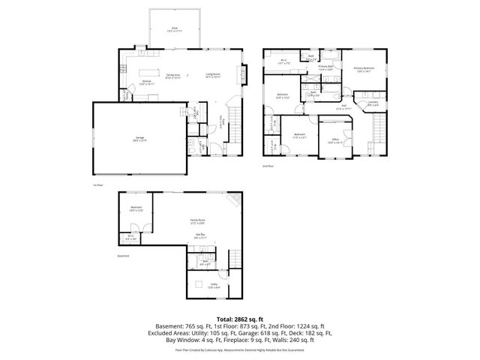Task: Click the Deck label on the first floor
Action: point(174,29)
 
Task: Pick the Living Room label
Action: point(212,75)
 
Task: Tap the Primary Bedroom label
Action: point(364,70)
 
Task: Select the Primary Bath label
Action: point(325,67)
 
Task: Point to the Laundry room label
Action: point(373,103)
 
